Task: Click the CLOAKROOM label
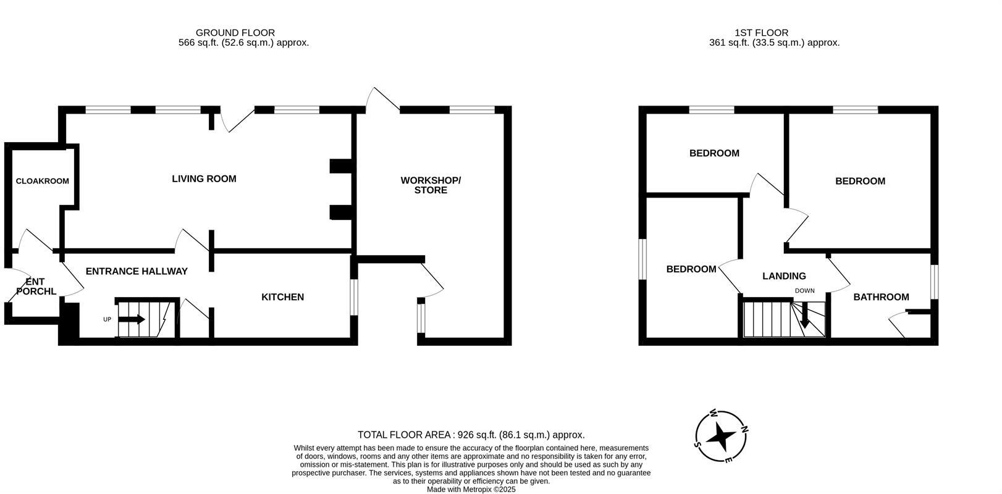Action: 42,181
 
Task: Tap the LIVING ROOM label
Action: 204,179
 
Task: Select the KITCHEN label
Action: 282,297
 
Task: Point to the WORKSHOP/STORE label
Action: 431,185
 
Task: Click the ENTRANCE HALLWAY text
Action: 137,271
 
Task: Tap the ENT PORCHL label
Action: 36,287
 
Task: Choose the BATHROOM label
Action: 881,297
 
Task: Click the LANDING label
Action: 784,276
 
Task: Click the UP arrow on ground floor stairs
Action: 131,319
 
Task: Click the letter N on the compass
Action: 744,429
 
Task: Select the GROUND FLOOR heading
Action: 235,33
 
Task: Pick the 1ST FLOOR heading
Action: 761,33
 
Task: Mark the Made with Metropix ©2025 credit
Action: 471,489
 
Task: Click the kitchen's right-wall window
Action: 354,297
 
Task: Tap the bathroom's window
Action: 935,282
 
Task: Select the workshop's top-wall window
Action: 472,110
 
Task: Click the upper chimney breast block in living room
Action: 340,166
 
